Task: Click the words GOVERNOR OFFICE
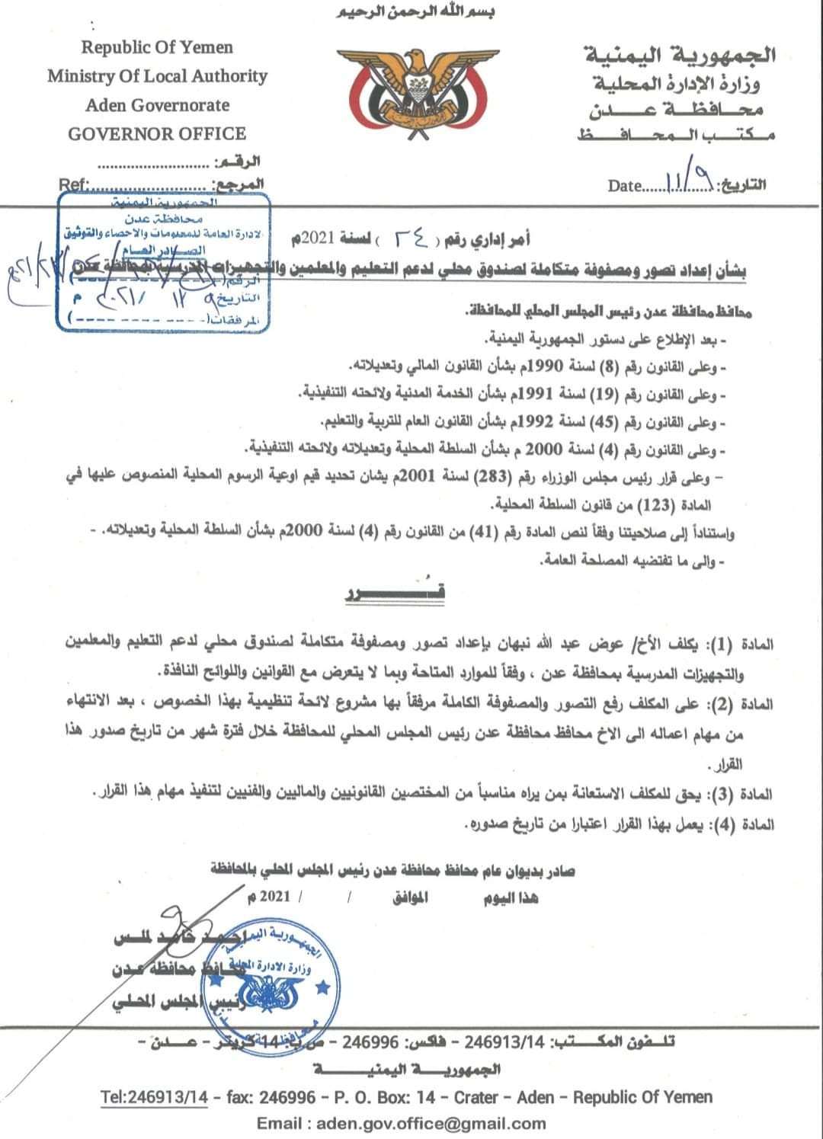click(x=157, y=134)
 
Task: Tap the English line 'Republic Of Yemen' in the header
click(x=157, y=47)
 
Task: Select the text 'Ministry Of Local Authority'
click(x=157, y=76)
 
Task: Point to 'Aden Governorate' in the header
click(x=157, y=105)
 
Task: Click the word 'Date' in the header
click(x=625, y=186)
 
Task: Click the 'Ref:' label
click(x=73, y=184)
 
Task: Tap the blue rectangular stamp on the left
click(x=163, y=261)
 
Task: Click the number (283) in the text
click(x=485, y=478)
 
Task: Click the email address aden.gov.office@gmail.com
click(x=401, y=1123)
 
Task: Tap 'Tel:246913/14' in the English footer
click(x=155, y=1097)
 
